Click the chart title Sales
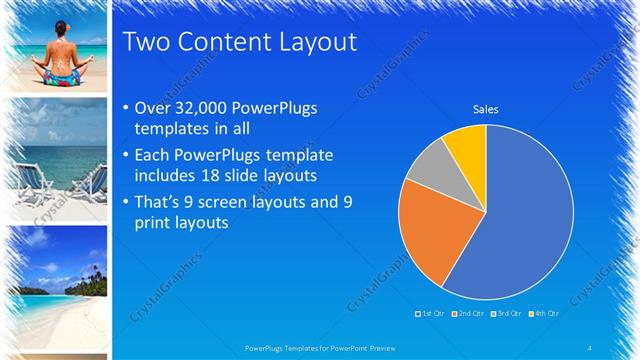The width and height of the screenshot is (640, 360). click(486, 109)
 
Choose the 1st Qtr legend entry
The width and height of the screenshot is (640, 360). click(432, 314)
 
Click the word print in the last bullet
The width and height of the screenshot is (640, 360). click(151, 221)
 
